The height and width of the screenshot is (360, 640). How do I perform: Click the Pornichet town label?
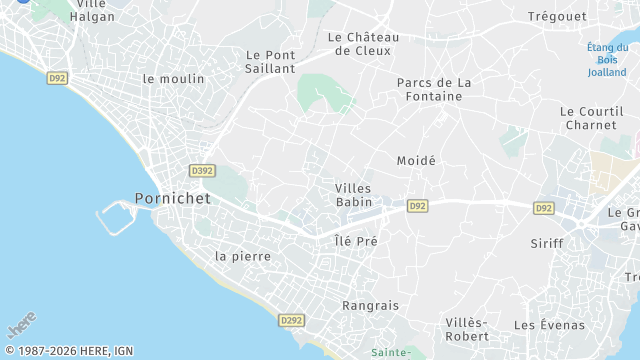coord(173,198)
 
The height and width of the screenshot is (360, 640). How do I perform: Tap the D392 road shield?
coord(202,171)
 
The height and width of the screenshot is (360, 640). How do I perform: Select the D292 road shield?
coord(292,320)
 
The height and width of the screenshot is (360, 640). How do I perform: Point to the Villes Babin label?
coord(353,195)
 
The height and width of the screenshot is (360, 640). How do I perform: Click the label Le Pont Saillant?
coord(270,61)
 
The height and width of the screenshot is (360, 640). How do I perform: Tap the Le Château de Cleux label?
coord(363,44)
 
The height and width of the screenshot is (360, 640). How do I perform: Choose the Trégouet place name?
coord(557,16)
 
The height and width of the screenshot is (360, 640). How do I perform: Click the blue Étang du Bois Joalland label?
coord(608,59)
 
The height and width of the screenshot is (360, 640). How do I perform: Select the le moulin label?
coord(173,78)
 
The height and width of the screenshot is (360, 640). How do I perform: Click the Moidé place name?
coord(416,161)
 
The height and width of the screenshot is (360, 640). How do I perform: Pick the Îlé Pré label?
coord(355,241)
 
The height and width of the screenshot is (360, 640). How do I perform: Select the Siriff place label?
coord(547,243)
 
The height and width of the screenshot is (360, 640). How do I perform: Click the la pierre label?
coord(243,256)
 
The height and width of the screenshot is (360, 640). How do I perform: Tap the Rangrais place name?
coord(370,305)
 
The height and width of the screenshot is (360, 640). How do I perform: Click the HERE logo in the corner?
coord(21,325)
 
